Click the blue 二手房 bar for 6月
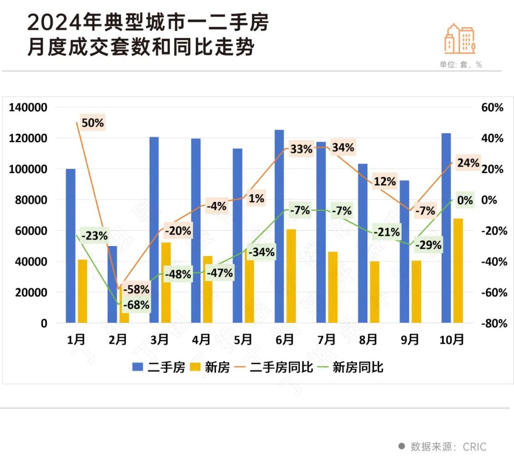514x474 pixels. (279, 226)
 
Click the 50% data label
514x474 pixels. (92, 123)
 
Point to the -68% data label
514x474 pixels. (136, 305)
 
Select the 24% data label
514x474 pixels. (468, 163)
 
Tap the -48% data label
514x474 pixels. (178, 275)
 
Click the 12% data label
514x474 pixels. (385, 181)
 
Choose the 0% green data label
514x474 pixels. (465, 200)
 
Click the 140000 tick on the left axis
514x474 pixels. (28, 108)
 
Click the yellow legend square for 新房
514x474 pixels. (195, 367)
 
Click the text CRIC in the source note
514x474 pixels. (475, 446)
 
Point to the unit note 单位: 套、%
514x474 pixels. (460, 65)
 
